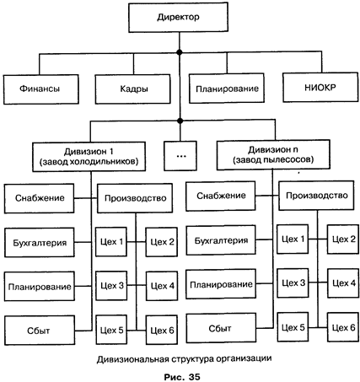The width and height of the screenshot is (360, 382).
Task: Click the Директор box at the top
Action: click(x=178, y=17)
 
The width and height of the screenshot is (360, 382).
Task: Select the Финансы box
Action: click(x=41, y=89)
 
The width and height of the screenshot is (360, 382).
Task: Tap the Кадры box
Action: click(x=132, y=89)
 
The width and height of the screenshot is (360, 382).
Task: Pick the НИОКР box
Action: click(x=320, y=88)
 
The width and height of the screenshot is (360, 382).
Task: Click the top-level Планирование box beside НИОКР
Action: click(x=227, y=89)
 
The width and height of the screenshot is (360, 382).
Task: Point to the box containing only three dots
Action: click(x=180, y=156)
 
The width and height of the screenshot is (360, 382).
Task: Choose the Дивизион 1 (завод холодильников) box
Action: click(x=89, y=157)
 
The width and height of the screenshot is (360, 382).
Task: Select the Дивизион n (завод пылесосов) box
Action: click(x=273, y=154)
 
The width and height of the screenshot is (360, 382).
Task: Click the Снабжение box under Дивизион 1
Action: click(x=39, y=198)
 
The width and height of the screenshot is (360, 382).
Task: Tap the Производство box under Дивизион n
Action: click(x=316, y=196)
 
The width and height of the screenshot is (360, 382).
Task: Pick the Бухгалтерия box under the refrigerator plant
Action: click(x=40, y=243)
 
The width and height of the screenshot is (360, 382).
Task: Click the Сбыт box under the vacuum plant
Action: click(x=221, y=328)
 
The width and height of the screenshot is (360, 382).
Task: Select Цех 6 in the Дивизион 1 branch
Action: click(x=162, y=330)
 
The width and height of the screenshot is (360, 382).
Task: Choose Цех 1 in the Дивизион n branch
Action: click(x=293, y=239)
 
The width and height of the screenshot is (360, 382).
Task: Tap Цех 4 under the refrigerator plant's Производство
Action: click(x=162, y=286)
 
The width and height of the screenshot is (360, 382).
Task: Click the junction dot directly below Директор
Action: click(x=180, y=52)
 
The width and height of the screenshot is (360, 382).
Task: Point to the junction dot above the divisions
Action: click(x=180, y=121)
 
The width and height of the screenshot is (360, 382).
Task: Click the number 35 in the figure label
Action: click(x=194, y=377)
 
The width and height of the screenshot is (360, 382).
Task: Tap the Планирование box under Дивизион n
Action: click(x=221, y=284)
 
